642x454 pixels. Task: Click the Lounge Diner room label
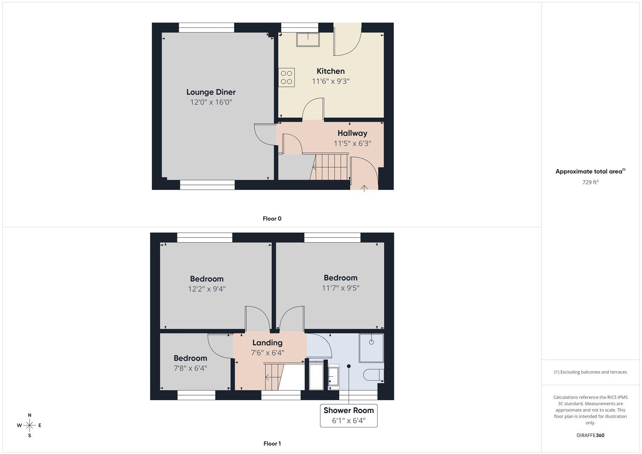(211, 92)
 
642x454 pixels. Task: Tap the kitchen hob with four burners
(286, 77)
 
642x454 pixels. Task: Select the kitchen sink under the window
(308, 39)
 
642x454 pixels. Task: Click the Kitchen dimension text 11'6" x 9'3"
(331, 81)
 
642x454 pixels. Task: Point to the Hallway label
(352, 133)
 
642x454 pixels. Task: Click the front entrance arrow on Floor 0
(364, 188)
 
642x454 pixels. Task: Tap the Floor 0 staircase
(330, 167)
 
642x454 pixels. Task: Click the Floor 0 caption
(272, 219)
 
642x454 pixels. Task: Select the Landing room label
(267, 343)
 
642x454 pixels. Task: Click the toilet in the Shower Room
(373, 375)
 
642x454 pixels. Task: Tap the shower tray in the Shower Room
(371, 348)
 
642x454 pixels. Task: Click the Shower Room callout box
(349, 416)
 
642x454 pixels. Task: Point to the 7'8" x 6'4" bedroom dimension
(190, 368)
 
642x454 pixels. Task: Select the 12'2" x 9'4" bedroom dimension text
(207, 289)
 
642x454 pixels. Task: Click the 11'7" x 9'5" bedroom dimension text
(341, 288)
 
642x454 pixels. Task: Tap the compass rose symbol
(29, 425)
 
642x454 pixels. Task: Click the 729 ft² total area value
(590, 182)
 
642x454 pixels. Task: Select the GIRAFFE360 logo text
(590, 435)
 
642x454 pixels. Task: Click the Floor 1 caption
(272, 443)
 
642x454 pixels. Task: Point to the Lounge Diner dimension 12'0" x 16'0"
(211, 102)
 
